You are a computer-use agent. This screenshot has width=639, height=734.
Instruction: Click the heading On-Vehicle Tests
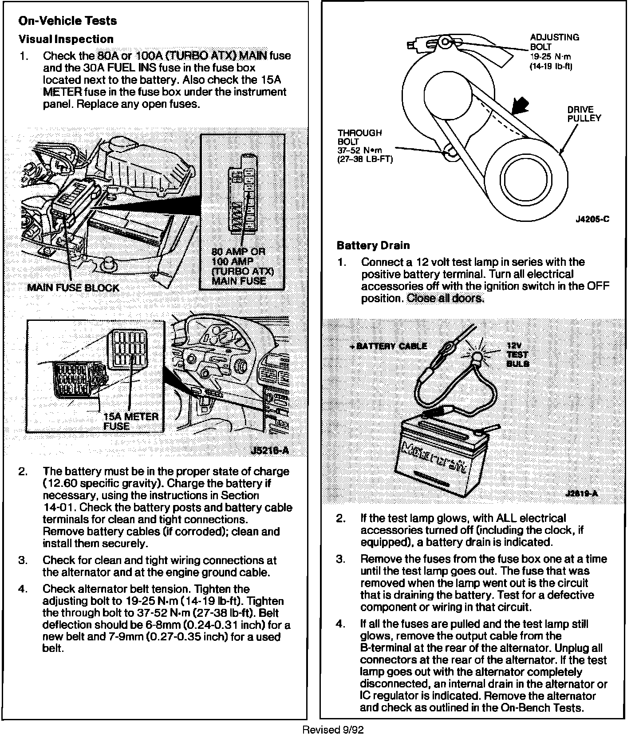point(67,21)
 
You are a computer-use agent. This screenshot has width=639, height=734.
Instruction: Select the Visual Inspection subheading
point(66,39)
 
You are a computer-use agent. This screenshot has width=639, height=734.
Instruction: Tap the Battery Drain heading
point(373,245)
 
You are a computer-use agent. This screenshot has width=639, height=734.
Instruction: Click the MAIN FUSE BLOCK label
point(73,288)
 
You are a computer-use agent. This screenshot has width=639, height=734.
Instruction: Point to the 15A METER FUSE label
point(130,421)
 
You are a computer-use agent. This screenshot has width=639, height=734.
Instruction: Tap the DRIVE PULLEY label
point(584,114)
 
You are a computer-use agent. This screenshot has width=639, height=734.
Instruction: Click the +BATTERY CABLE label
point(388,346)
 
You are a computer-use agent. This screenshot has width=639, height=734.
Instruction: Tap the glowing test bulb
point(477,357)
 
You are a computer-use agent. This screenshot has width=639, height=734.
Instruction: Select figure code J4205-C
point(592,219)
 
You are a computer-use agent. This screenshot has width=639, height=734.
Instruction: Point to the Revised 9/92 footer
point(333,729)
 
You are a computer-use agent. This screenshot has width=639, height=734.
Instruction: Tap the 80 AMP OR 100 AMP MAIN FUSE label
point(242,266)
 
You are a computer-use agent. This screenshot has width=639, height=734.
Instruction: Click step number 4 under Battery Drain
point(340,624)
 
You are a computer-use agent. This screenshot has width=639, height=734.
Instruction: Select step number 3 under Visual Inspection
point(23,560)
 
